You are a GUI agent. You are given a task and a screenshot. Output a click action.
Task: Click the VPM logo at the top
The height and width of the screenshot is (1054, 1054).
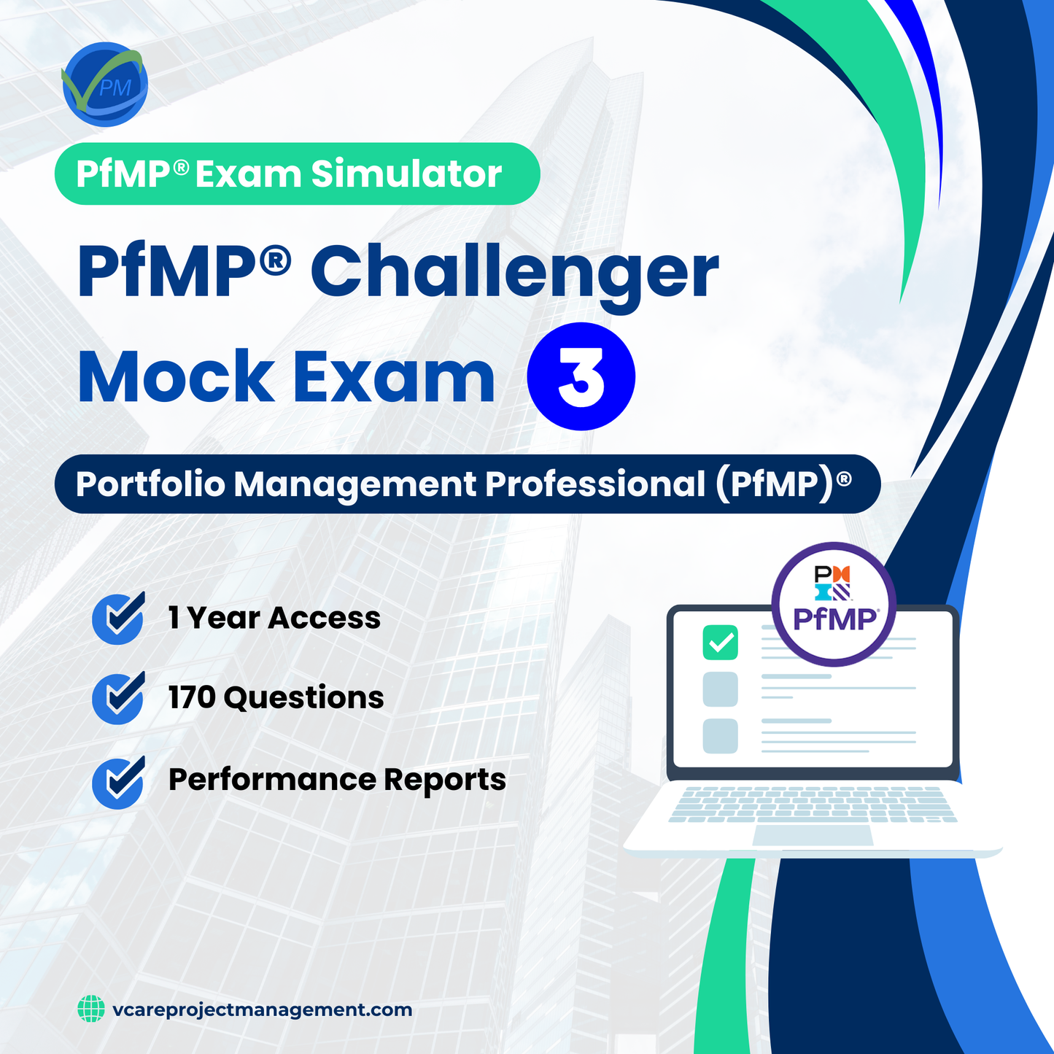click(105, 85)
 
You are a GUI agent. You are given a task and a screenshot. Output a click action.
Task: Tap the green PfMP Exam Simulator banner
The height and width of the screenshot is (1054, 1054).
click(297, 174)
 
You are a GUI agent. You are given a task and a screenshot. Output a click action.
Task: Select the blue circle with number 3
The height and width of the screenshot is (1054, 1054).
click(581, 376)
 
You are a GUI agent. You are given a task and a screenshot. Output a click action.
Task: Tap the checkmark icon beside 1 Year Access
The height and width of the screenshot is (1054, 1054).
click(118, 619)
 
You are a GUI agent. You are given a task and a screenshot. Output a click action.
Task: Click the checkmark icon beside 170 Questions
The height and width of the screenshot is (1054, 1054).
click(118, 698)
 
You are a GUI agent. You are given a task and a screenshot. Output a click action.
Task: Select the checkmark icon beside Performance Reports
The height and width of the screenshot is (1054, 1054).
click(118, 783)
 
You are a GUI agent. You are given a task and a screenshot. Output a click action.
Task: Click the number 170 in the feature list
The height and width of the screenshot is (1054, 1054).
click(192, 698)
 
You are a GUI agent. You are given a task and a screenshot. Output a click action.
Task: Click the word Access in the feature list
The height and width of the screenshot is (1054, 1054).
click(324, 619)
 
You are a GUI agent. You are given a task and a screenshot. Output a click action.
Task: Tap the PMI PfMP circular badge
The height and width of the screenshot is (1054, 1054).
click(834, 604)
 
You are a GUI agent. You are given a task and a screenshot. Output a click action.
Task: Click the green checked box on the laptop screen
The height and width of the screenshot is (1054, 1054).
click(720, 643)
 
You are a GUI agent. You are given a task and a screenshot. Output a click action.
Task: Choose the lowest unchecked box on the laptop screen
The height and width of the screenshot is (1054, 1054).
click(720, 736)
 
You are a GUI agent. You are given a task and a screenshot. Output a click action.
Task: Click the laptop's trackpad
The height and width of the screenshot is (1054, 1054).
click(812, 836)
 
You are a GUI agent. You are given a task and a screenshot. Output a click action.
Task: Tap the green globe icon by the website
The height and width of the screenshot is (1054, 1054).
click(91, 1010)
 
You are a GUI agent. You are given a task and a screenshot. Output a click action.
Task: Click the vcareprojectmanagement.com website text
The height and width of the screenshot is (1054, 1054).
click(263, 1010)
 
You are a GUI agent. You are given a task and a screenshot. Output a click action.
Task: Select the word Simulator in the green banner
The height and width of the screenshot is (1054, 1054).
click(406, 174)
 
